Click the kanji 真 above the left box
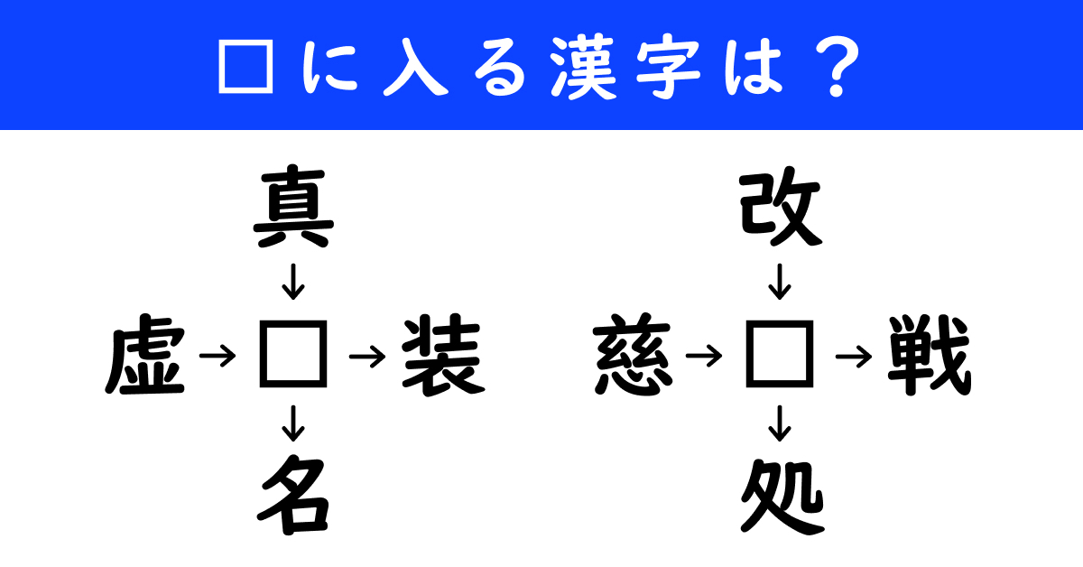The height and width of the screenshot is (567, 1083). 293,207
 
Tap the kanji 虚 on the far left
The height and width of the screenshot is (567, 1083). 145,355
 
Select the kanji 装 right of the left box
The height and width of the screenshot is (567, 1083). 443,355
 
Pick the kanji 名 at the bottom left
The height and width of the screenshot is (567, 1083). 293,495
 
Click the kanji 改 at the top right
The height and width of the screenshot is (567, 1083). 781,207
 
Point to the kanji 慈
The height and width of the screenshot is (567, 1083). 633,355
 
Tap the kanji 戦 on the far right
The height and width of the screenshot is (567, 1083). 930,355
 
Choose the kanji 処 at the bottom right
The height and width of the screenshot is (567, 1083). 782,496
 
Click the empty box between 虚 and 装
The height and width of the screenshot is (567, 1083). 293,354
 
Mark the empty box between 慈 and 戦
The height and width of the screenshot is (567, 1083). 780,354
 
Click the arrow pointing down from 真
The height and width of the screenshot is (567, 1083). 293,282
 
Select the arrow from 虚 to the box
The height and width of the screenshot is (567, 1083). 218,357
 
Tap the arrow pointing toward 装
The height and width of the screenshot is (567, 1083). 367,357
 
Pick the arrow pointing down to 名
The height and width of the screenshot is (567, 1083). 293,423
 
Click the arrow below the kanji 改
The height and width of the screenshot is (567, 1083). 780,282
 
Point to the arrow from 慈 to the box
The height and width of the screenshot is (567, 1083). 704,357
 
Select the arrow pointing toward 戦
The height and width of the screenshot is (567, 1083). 854,357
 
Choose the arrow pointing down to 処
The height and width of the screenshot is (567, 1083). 780,423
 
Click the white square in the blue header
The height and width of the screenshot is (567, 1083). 246,66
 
